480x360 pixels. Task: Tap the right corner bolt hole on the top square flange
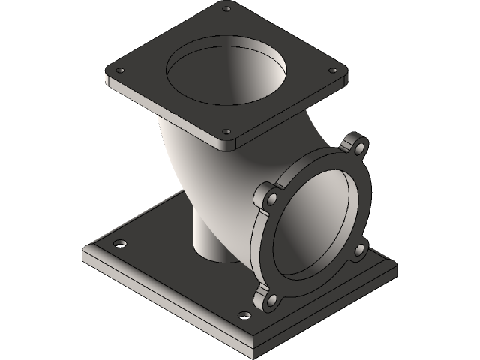coord(330,70)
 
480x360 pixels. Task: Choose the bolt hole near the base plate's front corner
coord(241,315)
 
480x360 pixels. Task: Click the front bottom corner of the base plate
coord(259,352)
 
